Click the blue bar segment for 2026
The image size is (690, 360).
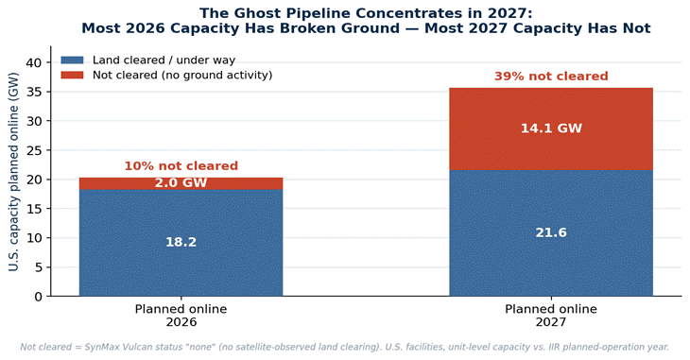click(x=181, y=243)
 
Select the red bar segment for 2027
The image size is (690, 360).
click(x=551, y=129)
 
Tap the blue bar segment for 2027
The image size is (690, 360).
click(x=551, y=233)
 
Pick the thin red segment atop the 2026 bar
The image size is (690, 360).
click(x=181, y=183)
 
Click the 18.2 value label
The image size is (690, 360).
click(x=181, y=242)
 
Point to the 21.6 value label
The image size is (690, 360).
click(x=551, y=232)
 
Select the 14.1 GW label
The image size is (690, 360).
click(x=551, y=129)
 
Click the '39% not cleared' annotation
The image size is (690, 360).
click(x=551, y=77)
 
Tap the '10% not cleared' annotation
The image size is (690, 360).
click(x=181, y=166)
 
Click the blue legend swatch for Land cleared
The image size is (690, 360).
click(x=72, y=60)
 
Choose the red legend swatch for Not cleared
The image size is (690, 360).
click(x=72, y=75)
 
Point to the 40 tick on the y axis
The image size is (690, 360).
click(x=33, y=63)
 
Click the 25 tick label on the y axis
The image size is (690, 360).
click(x=33, y=150)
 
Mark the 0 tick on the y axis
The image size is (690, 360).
click(x=38, y=297)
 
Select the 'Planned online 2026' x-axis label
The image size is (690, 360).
click(x=181, y=316)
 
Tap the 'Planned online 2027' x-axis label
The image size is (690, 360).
click(x=551, y=316)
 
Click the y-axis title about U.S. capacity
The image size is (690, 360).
click(x=13, y=171)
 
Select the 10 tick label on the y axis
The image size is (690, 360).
click(x=33, y=238)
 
